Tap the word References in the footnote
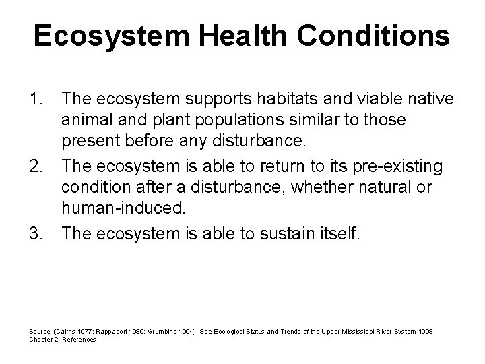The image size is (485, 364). pos(80,339)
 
